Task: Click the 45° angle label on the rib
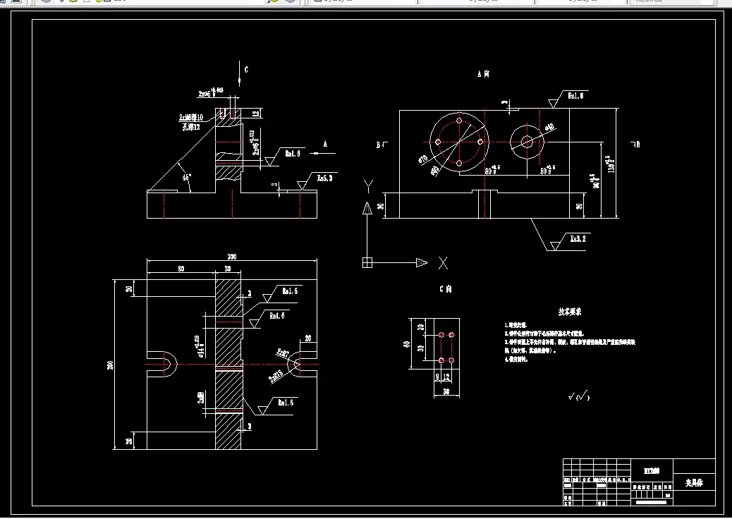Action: click(x=187, y=178)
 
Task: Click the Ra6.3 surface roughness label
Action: click(x=324, y=178)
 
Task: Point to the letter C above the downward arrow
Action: click(x=246, y=70)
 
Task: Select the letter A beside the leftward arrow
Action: click(x=325, y=143)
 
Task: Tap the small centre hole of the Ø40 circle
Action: click(x=527, y=141)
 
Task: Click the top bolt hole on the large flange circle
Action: click(x=459, y=121)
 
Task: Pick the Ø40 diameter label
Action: click(x=549, y=127)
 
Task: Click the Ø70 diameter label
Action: click(x=423, y=159)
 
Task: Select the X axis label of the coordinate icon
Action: click(x=443, y=263)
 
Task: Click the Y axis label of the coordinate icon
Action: click(x=367, y=185)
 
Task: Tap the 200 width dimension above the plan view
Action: click(x=231, y=256)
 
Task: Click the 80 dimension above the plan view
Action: click(x=181, y=269)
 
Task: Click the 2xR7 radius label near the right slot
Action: click(x=283, y=351)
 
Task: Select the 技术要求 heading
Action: click(x=570, y=311)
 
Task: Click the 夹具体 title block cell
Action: click(x=695, y=484)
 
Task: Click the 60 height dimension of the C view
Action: click(x=406, y=344)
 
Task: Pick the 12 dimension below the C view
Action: click(x=446, y=377)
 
